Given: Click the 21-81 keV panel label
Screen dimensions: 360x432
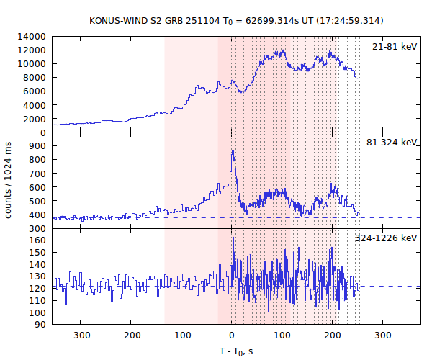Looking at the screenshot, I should pyautogui.click(x=395, y=46).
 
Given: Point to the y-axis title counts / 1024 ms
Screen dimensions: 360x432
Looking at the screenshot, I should pyautogui.click(x=9, y=180).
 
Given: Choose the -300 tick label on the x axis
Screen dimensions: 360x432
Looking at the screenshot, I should pyautogui.click(x=80, y=336).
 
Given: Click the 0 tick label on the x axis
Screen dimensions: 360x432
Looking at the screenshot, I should pyautogui.click(x=232, y=336).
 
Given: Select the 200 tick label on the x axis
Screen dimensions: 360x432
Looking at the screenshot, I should pyautogui.click(x=333, y=336).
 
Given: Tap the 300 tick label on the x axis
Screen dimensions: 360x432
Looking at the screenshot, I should pyautogui.click(x=383, y=336).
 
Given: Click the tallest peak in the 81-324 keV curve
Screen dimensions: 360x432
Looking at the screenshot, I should pyautogui.click(x=233, y=151).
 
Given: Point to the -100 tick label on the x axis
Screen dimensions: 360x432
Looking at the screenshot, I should pyautogui.click(x=181, y=336).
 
